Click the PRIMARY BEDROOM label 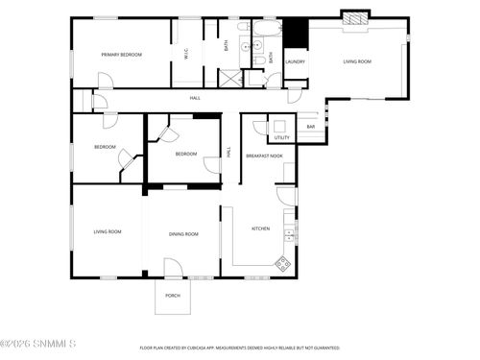coord(122,55)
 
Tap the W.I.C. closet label coord(187,55)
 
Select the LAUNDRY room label coord(296,62)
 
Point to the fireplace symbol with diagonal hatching coord(355,17)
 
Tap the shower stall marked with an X coord(229,79)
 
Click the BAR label coord(311,127)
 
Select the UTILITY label coord(282,137)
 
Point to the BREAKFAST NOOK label coord(264,156)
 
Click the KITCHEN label coord(261,228)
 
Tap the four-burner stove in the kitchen coord(283,262)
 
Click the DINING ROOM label coord(183,234)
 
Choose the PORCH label coord(173,296)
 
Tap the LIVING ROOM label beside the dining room coord(107,232)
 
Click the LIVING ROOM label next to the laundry coord(358,62)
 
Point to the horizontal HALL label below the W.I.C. coord(195,98)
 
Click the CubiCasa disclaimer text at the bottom coord(240,348)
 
